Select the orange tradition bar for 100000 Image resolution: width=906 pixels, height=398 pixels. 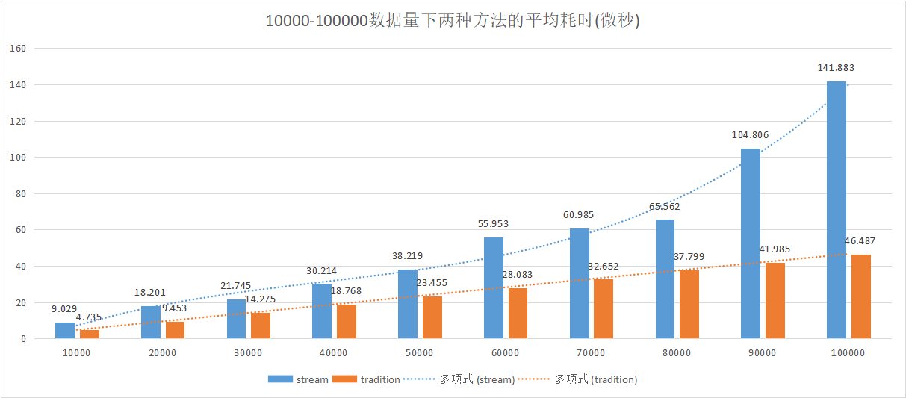point(861,296)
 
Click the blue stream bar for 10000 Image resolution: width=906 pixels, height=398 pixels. point(65,331)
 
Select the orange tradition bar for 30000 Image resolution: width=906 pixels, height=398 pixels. point(261,326)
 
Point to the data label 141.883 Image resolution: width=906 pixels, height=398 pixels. point(836,68)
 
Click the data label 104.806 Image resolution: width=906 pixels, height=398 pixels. point(750,135)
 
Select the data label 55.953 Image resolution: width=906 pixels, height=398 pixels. point(493,224)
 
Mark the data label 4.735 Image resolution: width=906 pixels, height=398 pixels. point(88,317)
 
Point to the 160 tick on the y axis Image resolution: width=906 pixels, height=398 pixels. point(18,49)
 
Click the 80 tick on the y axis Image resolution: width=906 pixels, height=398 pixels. point(20,194)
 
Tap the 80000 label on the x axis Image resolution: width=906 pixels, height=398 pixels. point(676,353)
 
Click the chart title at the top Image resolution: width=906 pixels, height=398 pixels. point(453,21)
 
